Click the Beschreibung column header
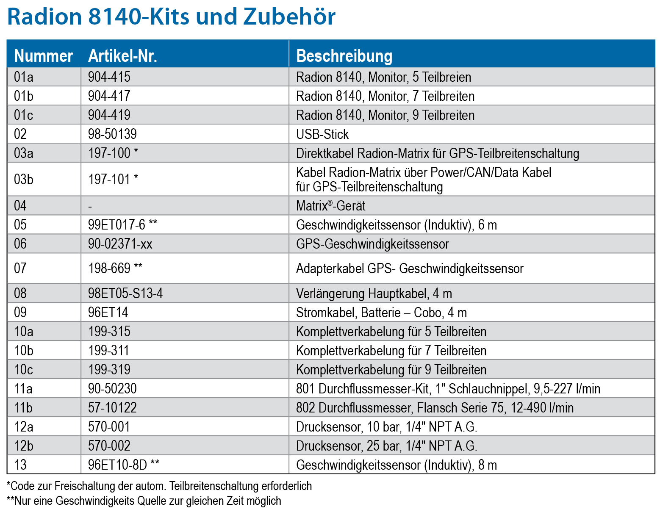coord(344,56)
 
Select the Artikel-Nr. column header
coord(122,56)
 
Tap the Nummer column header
coord(44,56)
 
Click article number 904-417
coord(109,96)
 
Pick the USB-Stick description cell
coord(322,134)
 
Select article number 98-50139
coord(112,134)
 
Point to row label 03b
coord(24,180)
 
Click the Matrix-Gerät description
coord(331,206)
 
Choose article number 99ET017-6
coord(117,225)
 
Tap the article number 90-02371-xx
coord(120,244)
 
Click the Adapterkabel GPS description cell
coord(410,268)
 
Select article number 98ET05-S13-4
coord(125,293)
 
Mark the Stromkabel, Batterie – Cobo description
coord(381,313)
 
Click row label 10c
coord(24,370)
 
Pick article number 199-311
coord(109,351)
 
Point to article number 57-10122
coord(112,408)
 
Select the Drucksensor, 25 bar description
coord(386,446)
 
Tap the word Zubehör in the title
coord(289,17)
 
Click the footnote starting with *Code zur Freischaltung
coord(159,486)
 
